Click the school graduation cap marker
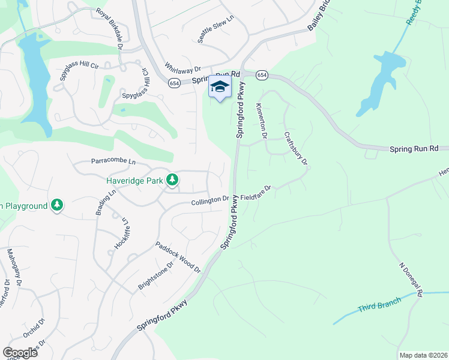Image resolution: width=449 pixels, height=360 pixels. tap(220, 88)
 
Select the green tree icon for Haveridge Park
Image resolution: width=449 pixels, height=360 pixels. tap(172, 179)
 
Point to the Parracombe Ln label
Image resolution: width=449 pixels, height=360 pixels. tap(113, 161)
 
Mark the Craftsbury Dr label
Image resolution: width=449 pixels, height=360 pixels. tap(295, 149)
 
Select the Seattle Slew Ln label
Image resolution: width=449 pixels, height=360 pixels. tap(215, 29)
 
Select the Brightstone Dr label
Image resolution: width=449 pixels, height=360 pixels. tap(155, 275)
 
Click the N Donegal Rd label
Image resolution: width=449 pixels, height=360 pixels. tap(411, 278)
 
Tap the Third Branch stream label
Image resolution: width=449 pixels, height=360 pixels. tap(379, 306)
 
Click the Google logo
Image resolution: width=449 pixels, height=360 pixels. tap(20, 352)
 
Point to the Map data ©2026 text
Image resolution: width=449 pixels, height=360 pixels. tap(423, 355)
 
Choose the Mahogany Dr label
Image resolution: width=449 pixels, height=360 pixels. tap(14, 265)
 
